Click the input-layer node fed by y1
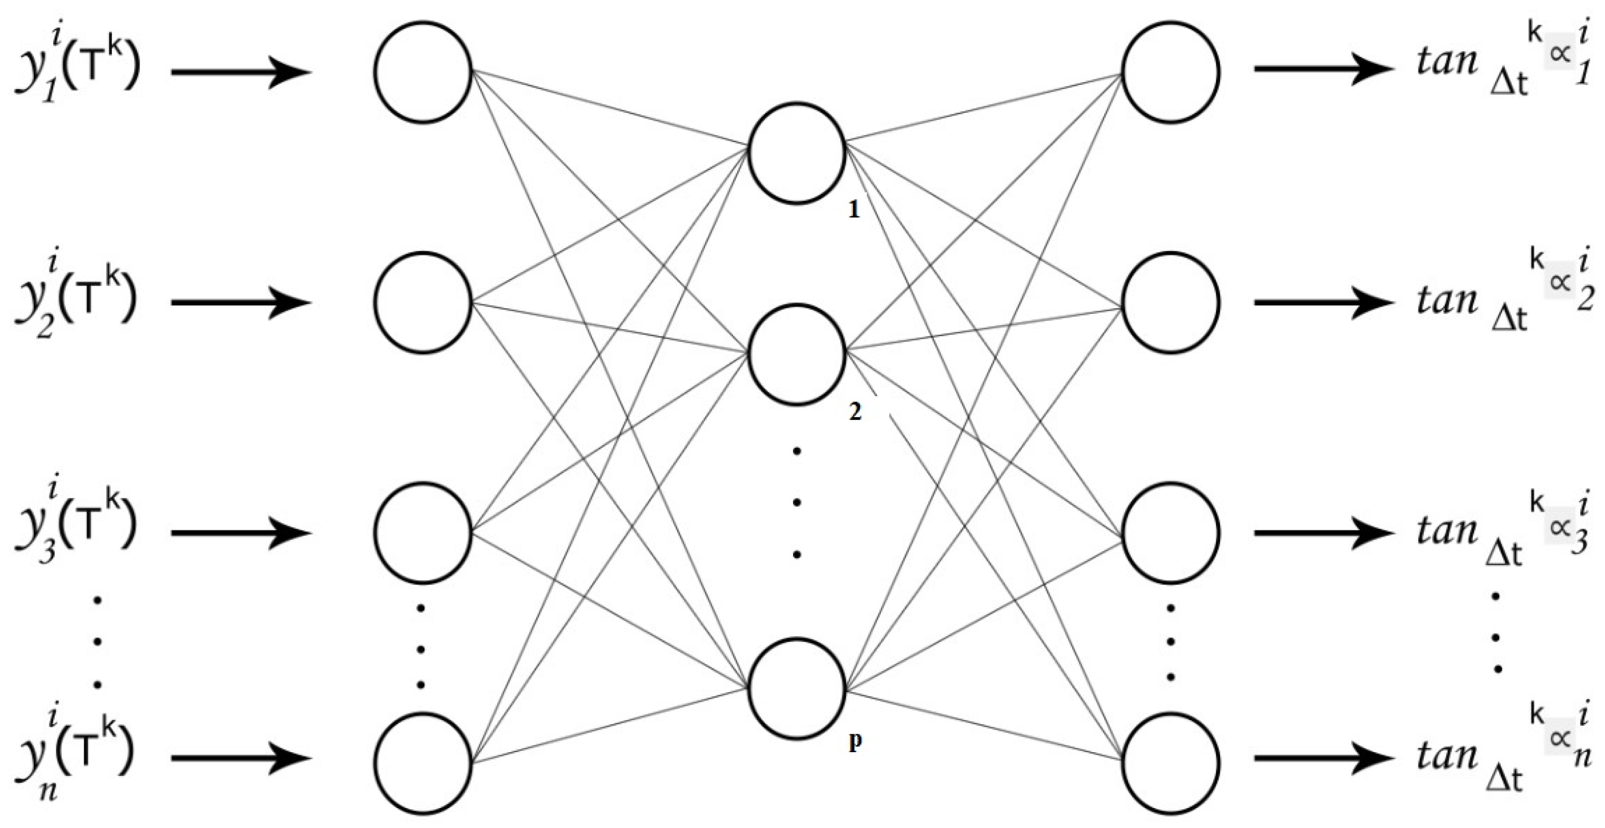coord(422,72)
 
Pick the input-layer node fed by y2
coord(422,303)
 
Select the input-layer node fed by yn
coord(422,764)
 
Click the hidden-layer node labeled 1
coord(797,153)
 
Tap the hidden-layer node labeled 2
coord(797,354)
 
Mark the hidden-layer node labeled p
coord(797,688)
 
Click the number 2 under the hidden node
coord(855,411)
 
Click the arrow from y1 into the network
coord(241,72)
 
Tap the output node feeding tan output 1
coord(1170,72)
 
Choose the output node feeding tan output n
coord(1170,764)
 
